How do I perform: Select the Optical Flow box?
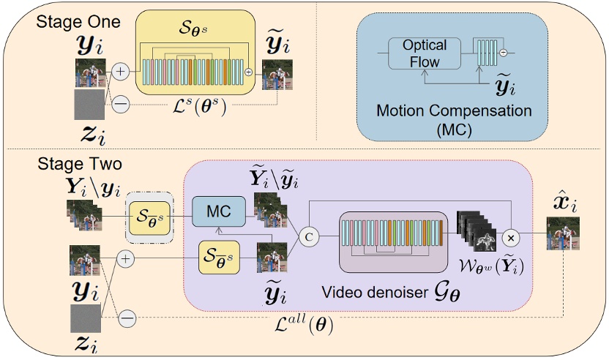(x=425, y=53)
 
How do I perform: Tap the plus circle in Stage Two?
(x=126, y=258)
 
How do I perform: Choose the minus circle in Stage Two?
(x=127, y=318)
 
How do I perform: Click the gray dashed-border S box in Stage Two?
(x=149, y=217)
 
